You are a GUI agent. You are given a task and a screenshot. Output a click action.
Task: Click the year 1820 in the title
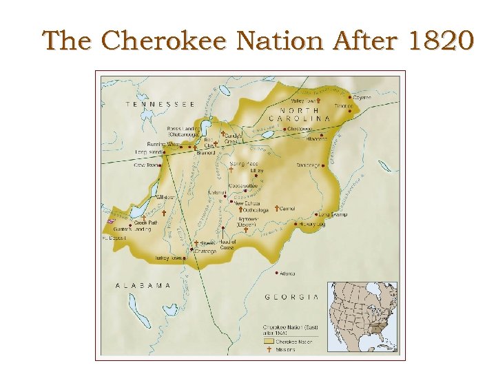(441, 41)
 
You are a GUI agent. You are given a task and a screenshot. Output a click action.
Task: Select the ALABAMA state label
(143, 285)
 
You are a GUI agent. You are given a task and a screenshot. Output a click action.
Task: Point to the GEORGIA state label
(292, 297)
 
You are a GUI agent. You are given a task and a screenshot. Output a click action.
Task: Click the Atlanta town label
(287, 273)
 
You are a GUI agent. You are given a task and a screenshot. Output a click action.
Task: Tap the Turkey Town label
(169, 258)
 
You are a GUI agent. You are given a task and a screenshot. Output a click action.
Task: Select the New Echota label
(247, 203)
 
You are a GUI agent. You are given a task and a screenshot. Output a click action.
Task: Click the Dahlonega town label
(309, 165)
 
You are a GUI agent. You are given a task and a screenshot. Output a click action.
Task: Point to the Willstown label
(165, 197)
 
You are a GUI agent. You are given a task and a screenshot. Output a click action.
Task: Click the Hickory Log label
(312, 224)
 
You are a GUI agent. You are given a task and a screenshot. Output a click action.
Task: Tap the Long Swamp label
(334, 214)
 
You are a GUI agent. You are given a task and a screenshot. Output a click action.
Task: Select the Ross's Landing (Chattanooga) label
(183, 131)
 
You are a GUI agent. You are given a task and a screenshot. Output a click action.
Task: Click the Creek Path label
(146, 223)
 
